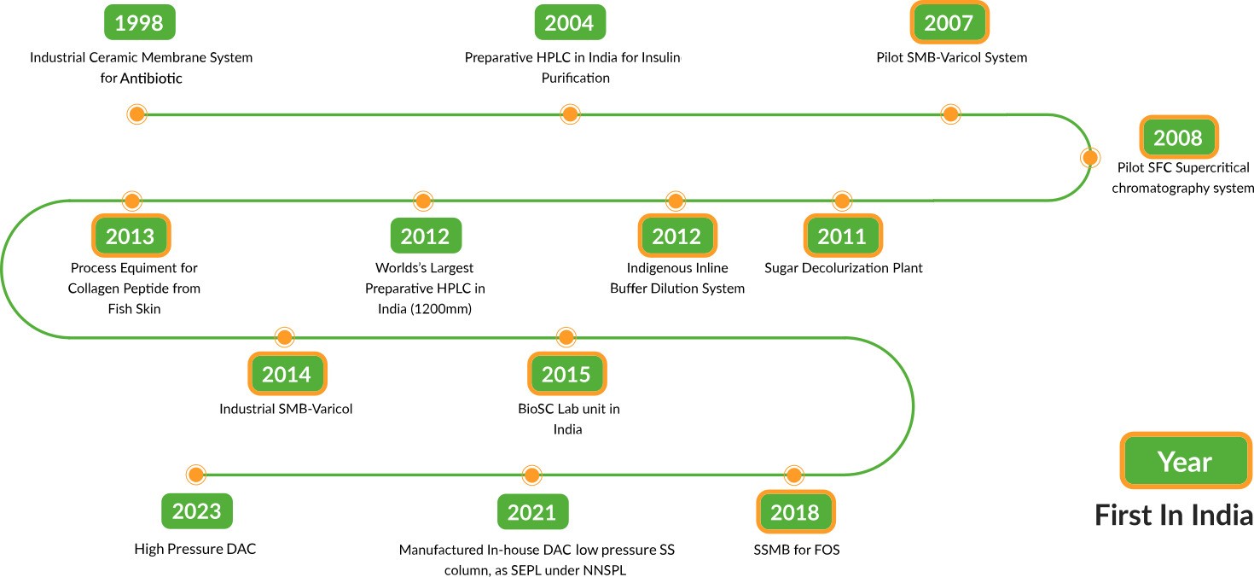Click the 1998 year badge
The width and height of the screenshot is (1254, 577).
point(139,22)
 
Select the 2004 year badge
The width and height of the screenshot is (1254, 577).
point(570,22)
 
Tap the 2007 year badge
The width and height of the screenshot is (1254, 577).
point(949,22)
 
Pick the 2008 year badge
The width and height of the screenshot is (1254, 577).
point(1178,137)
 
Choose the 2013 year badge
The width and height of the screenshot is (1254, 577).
point(131,236)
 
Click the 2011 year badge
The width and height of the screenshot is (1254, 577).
point(843,236)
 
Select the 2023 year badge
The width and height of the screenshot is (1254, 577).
point(196,511)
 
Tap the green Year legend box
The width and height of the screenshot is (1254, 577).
point(1186,460)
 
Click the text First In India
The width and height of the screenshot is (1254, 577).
point(1174,516)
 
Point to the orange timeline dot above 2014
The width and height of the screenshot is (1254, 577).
point(284,337)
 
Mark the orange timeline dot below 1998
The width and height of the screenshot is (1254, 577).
point(136,114)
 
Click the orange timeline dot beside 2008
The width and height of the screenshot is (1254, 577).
point(1090,157)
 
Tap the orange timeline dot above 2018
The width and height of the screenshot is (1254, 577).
point(793,475)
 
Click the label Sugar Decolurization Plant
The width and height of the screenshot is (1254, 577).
point(843,268)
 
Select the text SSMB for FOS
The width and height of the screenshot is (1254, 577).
point(797,550)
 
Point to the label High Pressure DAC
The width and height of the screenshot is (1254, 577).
point(194,549)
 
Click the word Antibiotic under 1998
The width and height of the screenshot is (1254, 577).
point(151,78)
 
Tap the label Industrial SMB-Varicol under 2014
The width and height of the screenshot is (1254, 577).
point(286,409)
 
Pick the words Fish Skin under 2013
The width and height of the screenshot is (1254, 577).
point(135,309)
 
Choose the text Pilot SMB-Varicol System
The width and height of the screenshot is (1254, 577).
point(952,57)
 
